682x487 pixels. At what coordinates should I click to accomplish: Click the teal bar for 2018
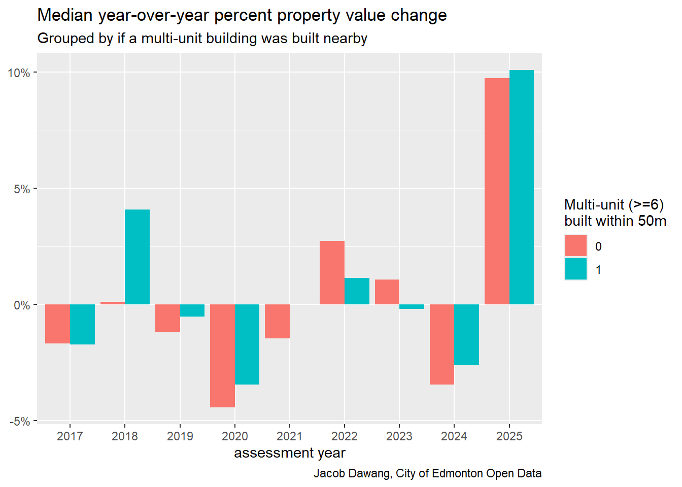coord(137,257)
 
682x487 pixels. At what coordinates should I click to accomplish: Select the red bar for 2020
coord(222,356)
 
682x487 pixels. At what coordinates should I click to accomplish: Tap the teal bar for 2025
coord(522,187)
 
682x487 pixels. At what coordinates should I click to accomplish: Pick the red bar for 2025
coord(497,191)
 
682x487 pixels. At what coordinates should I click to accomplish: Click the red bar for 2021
coord(277,321)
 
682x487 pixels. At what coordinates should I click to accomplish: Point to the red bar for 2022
coord(332,272)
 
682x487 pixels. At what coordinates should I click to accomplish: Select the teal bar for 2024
coord(466,335)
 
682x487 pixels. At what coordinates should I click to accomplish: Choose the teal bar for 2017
coord(82,324)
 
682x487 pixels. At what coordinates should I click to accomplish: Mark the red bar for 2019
coord(167,318)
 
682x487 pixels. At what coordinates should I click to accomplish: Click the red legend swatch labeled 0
coord(576,246)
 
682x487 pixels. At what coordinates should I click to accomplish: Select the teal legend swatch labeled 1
coord(576,269)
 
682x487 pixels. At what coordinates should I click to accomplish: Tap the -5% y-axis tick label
coord(19,422)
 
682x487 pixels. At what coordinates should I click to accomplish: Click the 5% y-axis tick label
coord(21,189)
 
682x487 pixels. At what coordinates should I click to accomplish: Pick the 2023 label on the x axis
coord(399,436)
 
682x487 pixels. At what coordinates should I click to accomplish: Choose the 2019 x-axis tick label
coord(180,436)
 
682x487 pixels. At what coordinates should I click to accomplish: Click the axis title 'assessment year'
coord(289,453)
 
